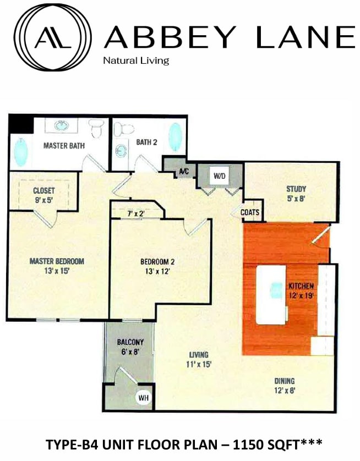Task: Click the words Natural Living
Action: click(x=136, y=61)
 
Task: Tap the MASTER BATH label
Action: click(x=64, y=146)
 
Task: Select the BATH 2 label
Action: click(x=147, y=142)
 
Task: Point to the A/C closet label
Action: click(x=184, y=172)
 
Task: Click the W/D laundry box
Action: click(x=220, y=177)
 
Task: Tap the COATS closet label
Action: click(x=250, y=211)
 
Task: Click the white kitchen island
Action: click(x=271, y=294)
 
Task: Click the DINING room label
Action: click(x=284, y=381)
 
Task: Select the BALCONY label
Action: click(x=130, y=342)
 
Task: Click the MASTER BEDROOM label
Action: click(x=57, y=261)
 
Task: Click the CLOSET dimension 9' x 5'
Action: click(x=43, y=200)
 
